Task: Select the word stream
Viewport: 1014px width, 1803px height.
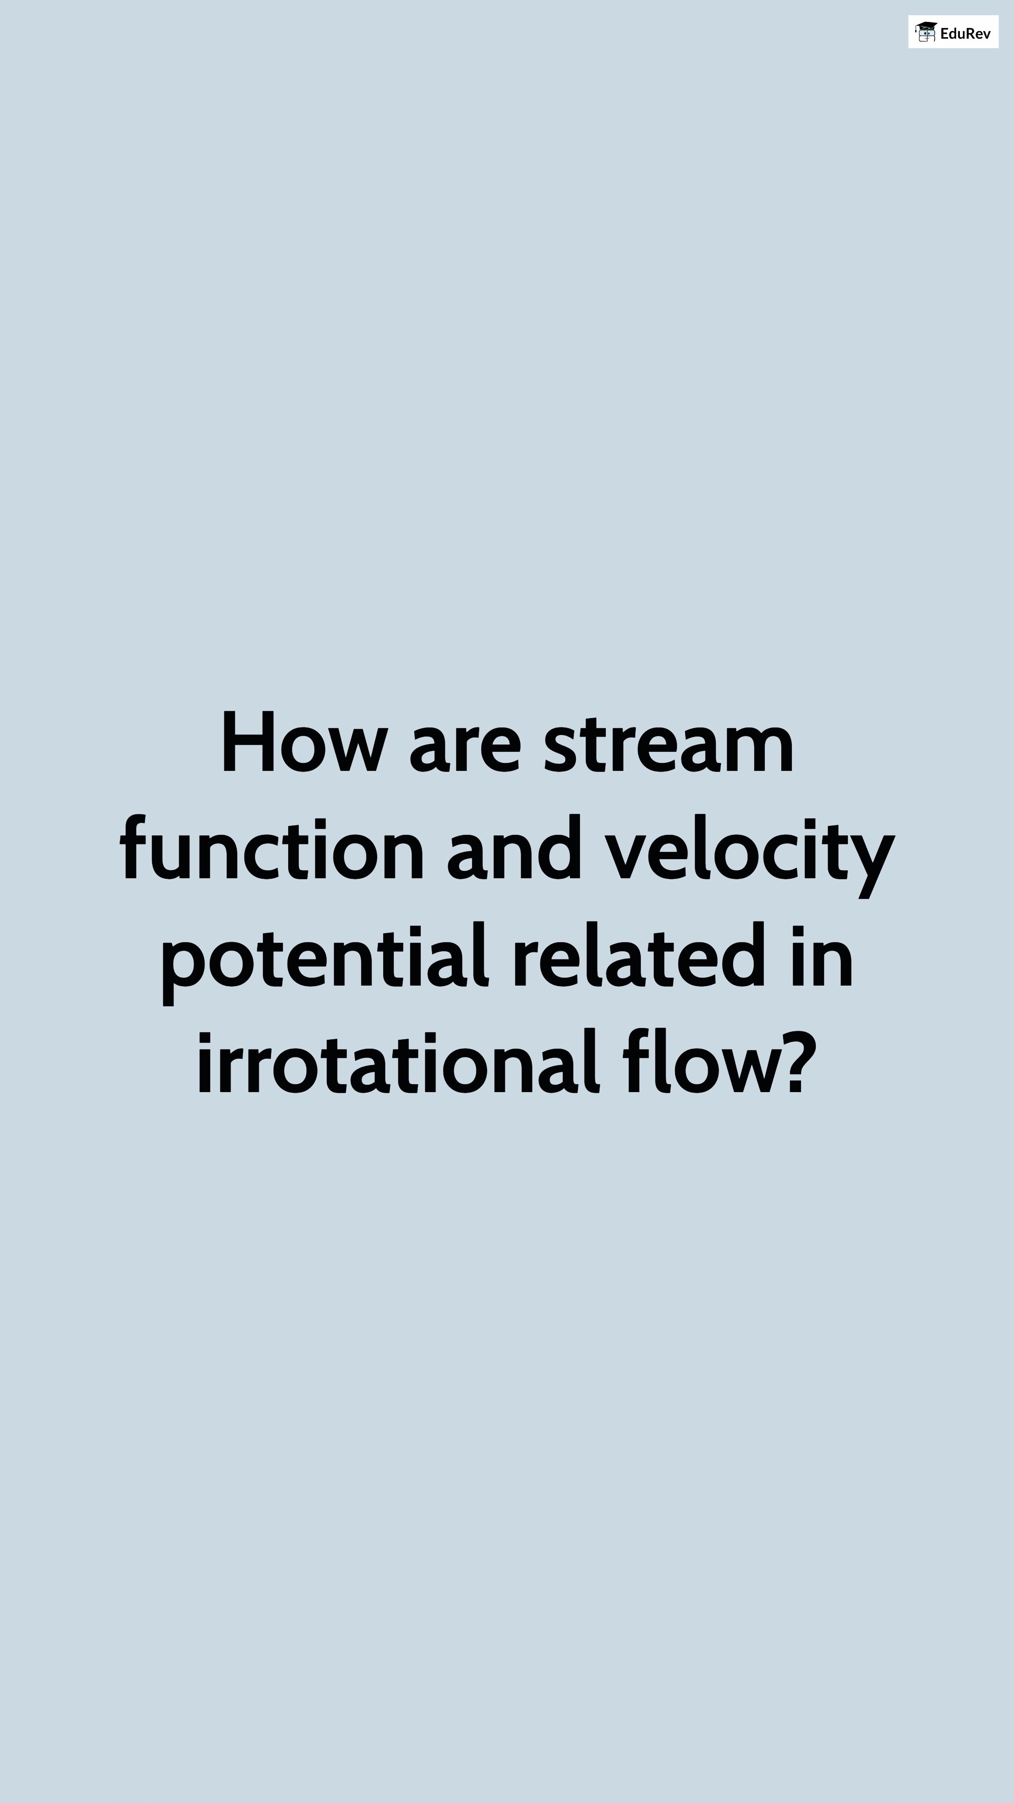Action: click(668, 744)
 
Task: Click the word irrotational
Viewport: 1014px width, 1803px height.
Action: click(398, 1062)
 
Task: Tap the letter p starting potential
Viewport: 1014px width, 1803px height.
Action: click(183, 972)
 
